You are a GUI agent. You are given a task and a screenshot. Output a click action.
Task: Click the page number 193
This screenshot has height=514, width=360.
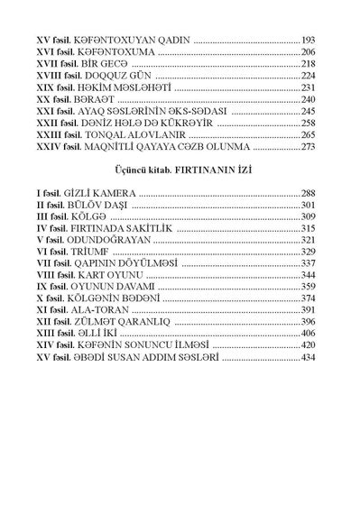point(309,41)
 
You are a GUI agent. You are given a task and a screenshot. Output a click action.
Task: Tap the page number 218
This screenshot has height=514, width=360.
point(309,65)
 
